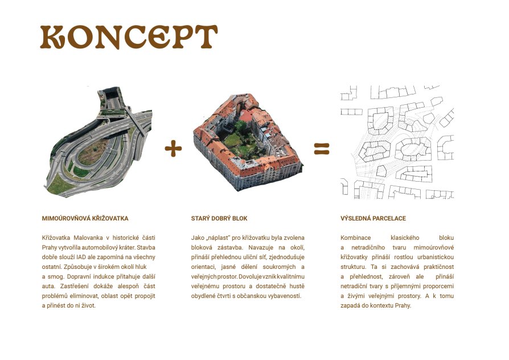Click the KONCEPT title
[129, 36]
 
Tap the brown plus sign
[173, 149]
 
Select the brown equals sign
[322, 149]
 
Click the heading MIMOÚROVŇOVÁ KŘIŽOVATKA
[85, 218]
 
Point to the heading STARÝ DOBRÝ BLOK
[219, 218]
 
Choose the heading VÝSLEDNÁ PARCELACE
[373, 218]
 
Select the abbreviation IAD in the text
[81, 257]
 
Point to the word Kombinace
[355, 238]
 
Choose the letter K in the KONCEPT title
[52, 37]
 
